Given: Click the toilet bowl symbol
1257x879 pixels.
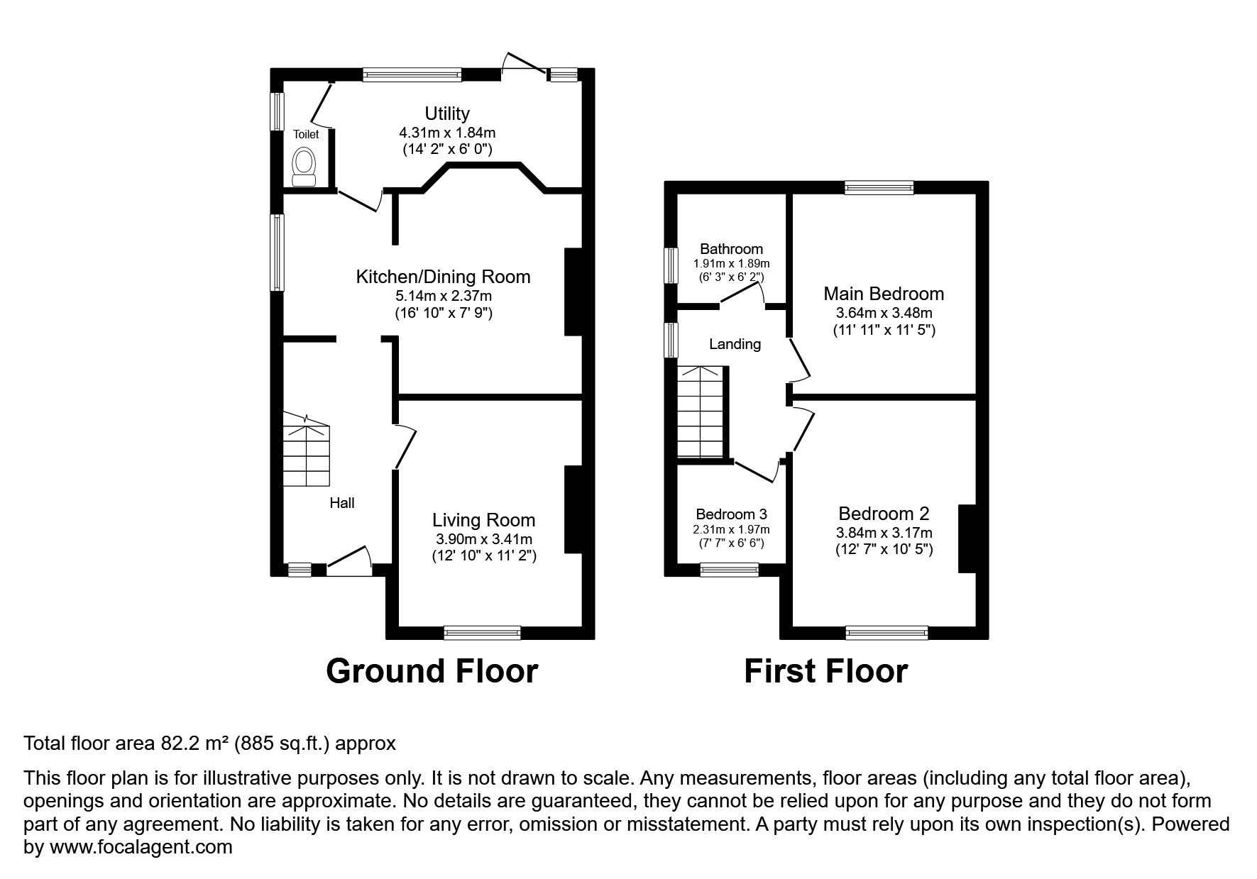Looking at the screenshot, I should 305,162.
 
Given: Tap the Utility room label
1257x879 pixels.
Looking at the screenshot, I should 446,114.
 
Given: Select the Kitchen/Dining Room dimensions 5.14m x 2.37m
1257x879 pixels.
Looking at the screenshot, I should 443,296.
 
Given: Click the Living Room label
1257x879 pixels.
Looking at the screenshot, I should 483,521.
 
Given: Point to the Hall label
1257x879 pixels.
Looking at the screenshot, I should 341,503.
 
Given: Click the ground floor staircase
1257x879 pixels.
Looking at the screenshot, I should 307,454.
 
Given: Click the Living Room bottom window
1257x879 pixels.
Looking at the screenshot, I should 482,632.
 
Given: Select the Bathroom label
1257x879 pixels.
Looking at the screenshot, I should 731,249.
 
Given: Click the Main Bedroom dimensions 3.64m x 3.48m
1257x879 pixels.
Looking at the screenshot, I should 884,313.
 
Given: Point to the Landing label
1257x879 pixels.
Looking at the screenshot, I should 735,344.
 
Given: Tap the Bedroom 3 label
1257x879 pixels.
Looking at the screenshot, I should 731,514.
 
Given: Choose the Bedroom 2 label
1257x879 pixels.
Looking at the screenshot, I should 884,514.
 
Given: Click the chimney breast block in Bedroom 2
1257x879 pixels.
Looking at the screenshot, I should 967,538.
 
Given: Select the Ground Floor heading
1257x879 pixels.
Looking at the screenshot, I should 432,671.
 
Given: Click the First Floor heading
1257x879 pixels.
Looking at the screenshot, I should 825,671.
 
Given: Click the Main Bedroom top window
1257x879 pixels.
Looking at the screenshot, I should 879,187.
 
